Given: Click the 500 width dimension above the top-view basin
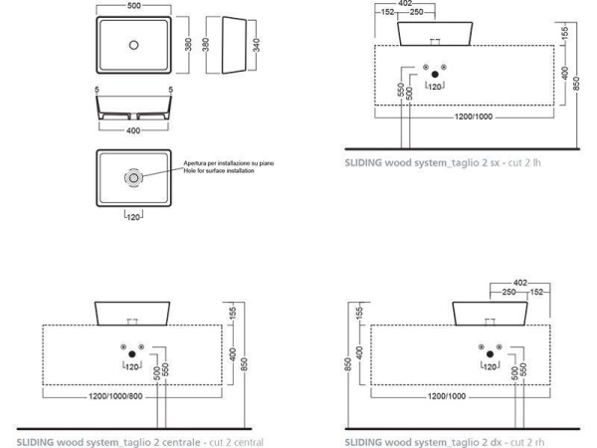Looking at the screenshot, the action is coord(133,6).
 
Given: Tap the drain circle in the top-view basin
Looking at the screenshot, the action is coord(133,45).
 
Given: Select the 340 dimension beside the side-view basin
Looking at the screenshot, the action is coord(257,45).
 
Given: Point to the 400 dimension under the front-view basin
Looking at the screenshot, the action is coord(133,130).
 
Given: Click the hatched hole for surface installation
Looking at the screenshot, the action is coord(133,178).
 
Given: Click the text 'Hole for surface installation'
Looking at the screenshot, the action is coord(219,171).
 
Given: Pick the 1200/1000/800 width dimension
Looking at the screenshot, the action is coord(115,396).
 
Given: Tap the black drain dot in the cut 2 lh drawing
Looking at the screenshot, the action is coord(435,75).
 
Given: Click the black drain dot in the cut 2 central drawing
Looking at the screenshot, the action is coord(132,354).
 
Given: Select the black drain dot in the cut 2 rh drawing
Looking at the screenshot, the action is coord(490,354).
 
